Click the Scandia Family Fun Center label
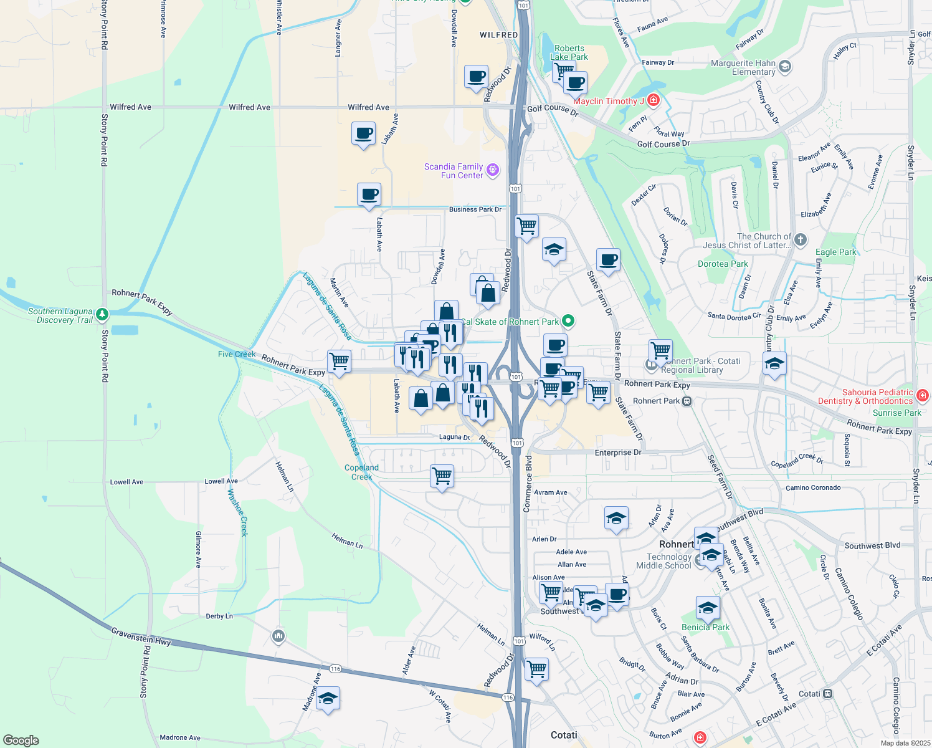tap(454, 171)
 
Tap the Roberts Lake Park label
tap(569, 52)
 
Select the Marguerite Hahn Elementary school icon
tap(785, 66)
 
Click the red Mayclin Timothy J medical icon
tap(653, 100)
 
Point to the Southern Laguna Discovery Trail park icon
tap(102, 315)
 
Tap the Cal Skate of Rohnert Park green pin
tap(568, 322)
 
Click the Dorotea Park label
tap(723, 264)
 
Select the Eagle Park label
tap(835, 252)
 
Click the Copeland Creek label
tap(361, 472)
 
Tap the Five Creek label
tap(237, 354)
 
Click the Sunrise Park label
tap(896, 413)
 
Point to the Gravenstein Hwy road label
tap(141, 636)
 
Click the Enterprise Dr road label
tap(617, 453)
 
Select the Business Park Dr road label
tap(475, 209)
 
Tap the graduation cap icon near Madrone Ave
tap(328, 699)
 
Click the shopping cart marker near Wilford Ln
tap(536, 669)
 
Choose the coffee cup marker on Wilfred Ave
tap(363, 133)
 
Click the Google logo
tap(21, 741)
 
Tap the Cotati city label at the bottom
tap(564, 735)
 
